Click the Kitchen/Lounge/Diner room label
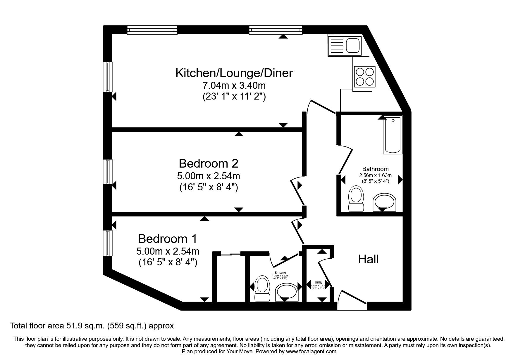[x=234, y=73]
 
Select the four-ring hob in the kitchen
[x=365, y=76]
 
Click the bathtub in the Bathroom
[x=393, y=135]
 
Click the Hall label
[x=368, y=259]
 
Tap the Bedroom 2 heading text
[x=208, y=163]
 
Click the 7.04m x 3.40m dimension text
[x=234, y=86]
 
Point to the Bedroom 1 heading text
[x=168, y=239]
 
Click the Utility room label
[x=319, y=282]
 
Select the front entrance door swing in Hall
[x=351, y=299]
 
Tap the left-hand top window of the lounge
[x=152, y=30]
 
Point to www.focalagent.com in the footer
[x=311, y=351]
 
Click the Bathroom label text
[x=375, y=169]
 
